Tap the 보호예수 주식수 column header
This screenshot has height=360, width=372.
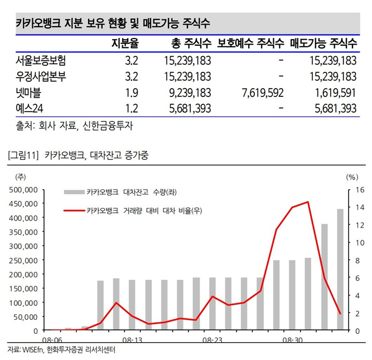click(250, 43)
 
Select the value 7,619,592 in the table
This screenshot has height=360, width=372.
click(260, 93)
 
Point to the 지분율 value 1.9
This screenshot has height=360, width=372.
click(132, 93)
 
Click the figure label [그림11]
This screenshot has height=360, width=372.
click(23, 155)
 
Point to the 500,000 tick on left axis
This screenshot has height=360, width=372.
click(23, 189)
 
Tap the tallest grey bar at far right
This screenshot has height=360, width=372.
click(340, 270)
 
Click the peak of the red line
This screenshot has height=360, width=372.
click(308, 202)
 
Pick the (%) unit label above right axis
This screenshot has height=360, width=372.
click(351, 177)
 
